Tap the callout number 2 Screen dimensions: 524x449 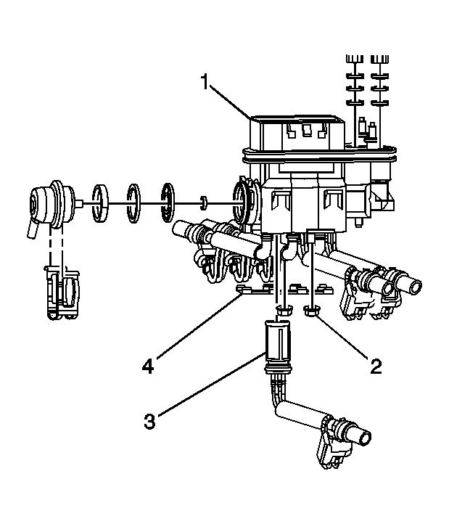click(375, 365)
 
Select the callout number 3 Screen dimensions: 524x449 click(149, 421)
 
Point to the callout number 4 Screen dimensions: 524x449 click(148, 367)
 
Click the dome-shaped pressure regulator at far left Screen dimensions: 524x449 click(52, 199)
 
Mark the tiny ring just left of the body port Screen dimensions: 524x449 click(204, 201)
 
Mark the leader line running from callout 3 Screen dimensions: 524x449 click(210, 385)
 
